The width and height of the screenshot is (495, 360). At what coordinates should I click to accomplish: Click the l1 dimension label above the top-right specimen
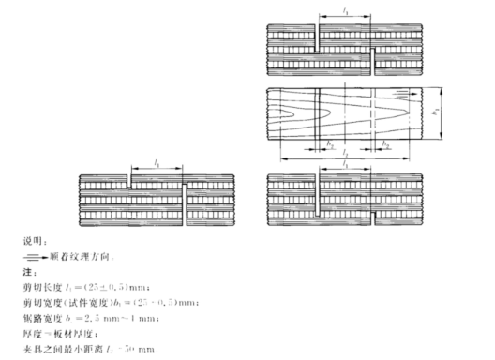point(347,10)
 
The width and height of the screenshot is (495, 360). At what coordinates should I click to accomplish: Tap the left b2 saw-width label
point(330,145)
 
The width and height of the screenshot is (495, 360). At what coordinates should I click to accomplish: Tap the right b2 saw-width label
point(386,145)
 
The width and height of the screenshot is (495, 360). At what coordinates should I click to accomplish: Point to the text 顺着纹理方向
point(65,253)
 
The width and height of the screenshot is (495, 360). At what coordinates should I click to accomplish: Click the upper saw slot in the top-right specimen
point(320,41)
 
